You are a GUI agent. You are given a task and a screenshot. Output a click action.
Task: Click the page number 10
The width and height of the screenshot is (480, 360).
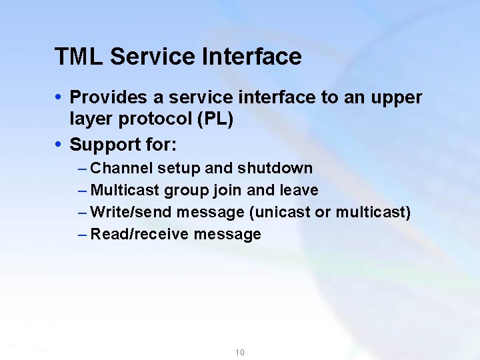(239, 352)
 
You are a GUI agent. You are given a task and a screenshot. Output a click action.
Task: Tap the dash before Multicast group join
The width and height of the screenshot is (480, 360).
(81, 190)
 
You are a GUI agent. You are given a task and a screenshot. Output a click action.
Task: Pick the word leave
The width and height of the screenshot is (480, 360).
(299, 190)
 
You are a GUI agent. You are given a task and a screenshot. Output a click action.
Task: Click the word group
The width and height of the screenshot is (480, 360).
(187, 191)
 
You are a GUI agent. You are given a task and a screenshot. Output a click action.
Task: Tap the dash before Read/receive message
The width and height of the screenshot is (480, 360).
(81, 234)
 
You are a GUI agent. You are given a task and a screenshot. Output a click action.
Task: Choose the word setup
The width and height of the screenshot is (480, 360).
(175, 168)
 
